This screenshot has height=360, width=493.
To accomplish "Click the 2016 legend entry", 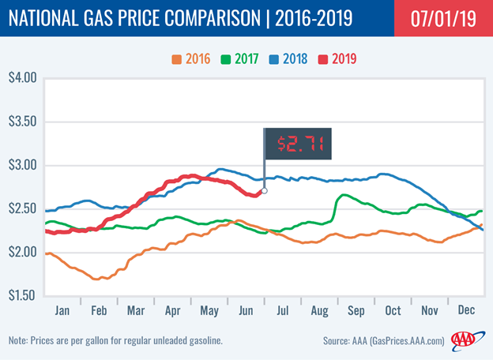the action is tap(191, 58).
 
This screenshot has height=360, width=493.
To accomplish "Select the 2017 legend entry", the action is tap(239, 58).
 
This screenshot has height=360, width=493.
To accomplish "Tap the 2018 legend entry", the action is tap(288, 58).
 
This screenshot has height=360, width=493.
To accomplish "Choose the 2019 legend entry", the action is tap(337, 58).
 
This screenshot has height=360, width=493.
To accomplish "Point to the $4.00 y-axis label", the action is tap(23, 77).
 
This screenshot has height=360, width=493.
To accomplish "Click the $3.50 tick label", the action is tap(23, 122).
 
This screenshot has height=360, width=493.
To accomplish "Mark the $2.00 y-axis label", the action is tap(23, 252).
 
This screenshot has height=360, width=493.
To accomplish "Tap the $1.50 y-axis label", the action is tap(23, 295).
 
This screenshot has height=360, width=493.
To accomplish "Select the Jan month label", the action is tap(62, 311).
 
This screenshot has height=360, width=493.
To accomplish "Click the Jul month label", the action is tap(282, 311).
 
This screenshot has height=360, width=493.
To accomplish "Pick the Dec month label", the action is tap(466, 310).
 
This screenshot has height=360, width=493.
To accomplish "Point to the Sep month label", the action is tap(356, 311).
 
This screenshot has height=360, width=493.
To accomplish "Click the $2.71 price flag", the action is tap(298, 144).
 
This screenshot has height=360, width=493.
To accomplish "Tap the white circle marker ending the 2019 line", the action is tap(265, 191).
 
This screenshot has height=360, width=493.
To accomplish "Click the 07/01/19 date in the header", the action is tap(443, 18).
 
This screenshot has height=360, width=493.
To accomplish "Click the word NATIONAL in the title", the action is tap(43, 18).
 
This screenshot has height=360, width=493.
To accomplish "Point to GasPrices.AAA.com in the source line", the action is tap(407, 341).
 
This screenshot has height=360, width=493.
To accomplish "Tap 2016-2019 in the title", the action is tap(314, 18).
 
